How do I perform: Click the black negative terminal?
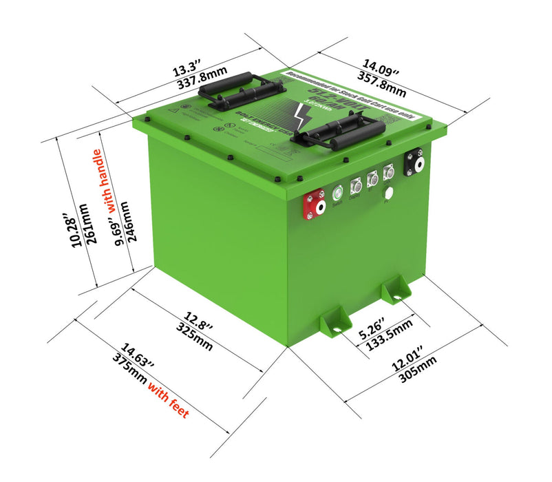[x=415, y=163]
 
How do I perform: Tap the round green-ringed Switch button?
[x=338, y=193]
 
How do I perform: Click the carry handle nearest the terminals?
[x=338, y=132]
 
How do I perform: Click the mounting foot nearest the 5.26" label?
[x=335, y=320]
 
